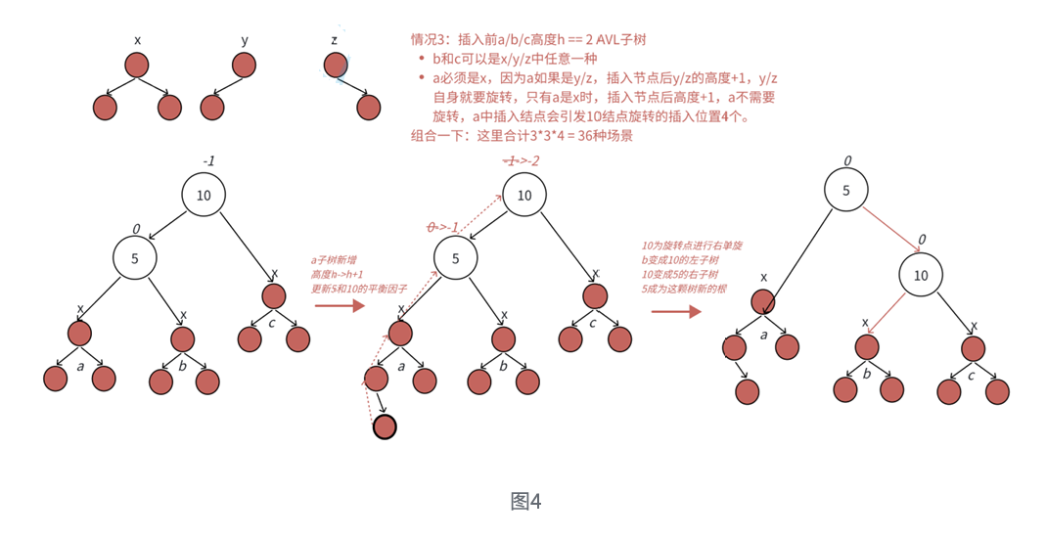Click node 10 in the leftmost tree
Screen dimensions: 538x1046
pos(204,195)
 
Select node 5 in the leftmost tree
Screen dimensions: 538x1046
pos(134,258)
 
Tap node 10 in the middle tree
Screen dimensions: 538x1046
pos(524,195)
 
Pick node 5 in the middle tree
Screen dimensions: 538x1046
pos(455,258)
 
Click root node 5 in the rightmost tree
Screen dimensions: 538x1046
pos(845,190)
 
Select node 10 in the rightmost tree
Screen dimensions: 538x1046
pos(921,275)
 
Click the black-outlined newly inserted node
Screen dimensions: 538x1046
pos(385,426)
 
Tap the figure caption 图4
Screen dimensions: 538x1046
pos(525,502)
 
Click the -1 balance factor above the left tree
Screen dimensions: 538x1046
pos(208,160)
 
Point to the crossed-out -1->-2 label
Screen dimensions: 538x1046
pos(521,160)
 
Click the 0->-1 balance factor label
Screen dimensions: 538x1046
pos(443,227)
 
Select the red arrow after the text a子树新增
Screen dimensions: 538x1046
pos(339,306)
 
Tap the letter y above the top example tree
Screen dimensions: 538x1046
pos(245,40)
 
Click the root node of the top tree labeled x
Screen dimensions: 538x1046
pos(137,66)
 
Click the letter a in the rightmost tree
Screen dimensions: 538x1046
pos(763,334)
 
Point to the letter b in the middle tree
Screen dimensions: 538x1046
pos(503,366)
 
